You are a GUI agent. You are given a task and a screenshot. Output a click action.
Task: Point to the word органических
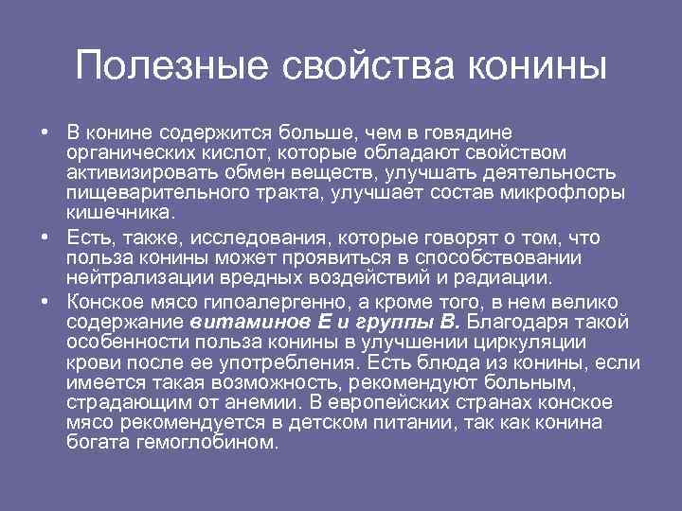[x=122, y=152]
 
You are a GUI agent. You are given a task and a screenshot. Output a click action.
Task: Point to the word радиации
[x=508, y=278]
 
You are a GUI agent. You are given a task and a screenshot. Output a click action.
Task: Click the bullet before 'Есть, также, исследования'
[x=45, y=237]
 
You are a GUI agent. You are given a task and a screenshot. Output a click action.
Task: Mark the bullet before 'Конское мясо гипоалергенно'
[x=45, y=302]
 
